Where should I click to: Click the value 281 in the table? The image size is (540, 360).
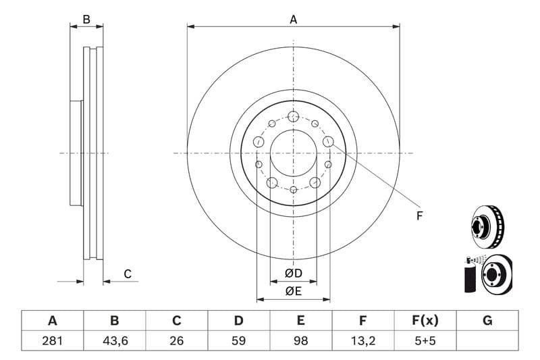[52, 340]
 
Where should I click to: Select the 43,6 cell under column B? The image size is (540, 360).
[114, 340]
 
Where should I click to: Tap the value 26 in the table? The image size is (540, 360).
[177, 340]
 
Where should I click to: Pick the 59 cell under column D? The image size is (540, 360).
[238, 340]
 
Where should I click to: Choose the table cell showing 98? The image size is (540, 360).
[301, 340]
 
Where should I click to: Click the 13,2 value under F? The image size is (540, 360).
[363, 340]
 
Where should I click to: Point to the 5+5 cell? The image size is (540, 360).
[425, 340]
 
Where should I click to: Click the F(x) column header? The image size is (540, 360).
[425, 320]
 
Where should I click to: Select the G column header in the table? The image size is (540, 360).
[487, 320]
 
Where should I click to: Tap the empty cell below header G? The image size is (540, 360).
[487, 340]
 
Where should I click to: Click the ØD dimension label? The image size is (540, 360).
[292, 274]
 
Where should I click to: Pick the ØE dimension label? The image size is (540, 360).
[292, 291]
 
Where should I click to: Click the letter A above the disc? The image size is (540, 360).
[293, 20]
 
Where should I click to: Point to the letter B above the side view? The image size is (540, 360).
[86, 20]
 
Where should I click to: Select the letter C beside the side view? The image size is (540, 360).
[127, 274]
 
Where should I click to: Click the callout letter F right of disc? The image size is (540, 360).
[418, 216]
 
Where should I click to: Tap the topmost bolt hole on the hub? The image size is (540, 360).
[293, 115]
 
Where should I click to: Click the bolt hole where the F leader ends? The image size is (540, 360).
[328, 141]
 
